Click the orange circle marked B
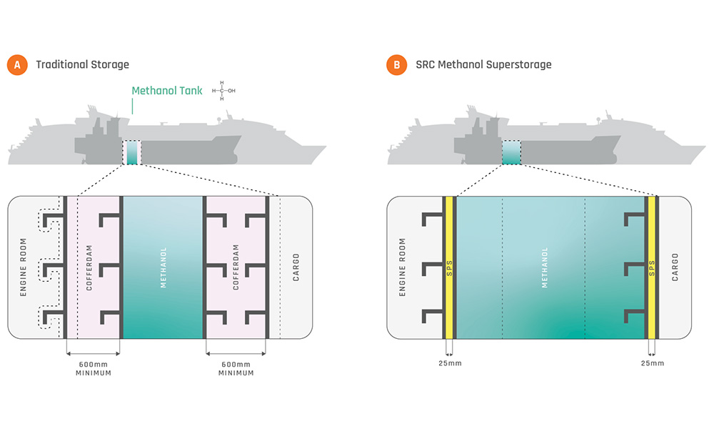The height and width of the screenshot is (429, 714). click(x=396, y=65)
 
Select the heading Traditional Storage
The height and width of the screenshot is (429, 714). click(x=82, y=65)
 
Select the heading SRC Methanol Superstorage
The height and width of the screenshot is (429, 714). click(x=483, y=65)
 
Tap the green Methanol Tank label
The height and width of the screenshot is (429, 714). click(x=167, y=91)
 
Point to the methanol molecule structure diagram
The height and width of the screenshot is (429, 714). click(x=226, y=91)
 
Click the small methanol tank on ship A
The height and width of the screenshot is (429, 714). click(x=131, y=152)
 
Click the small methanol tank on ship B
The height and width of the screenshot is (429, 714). click(x=511, y=152)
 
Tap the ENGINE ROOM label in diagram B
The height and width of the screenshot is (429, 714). click(x=402, y=267)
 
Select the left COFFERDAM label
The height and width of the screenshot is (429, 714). click(x=90, y=267)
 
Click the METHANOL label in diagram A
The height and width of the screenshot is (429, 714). click(x=163, y=267)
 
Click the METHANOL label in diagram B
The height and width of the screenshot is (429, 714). click(x=545, y=267)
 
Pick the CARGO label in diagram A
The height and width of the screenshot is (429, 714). click(x=296, y=267)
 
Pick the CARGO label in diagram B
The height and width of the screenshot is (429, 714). click(x=675, y=267)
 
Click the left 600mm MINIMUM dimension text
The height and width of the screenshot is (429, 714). click(x=94, y=368)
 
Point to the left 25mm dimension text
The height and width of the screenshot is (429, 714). click(x=449, y=363)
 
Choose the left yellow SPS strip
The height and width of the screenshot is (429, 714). click(x=450, y=267)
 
